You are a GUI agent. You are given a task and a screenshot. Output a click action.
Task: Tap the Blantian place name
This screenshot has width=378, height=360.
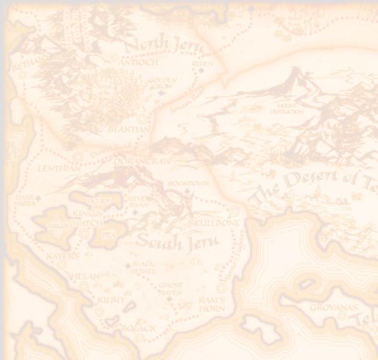(129, 129)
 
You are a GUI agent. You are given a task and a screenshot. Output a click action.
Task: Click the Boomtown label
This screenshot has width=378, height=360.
(187, 184)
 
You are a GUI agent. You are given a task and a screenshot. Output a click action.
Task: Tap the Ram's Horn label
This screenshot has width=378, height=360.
(212, 304)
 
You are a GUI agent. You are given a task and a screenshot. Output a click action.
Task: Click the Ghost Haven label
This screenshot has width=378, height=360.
(170, 289)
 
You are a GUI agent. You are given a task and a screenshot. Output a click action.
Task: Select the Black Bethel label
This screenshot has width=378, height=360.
(143, 268)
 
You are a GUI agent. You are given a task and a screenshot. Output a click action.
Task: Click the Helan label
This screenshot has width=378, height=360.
(83, 276)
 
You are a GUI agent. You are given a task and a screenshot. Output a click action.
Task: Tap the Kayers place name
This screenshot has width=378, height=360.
(62, 255)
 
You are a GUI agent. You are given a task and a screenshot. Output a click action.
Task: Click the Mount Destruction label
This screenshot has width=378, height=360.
(286, 109)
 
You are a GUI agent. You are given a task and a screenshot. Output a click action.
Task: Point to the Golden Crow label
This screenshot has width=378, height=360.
(161, 83)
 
